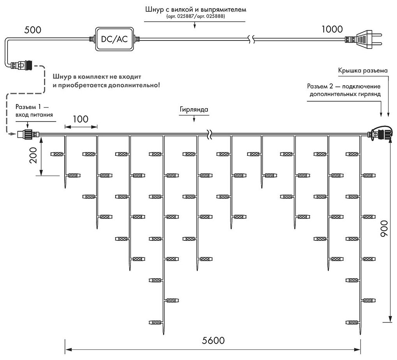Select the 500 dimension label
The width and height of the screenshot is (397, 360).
32,29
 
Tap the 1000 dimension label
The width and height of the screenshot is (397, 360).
332,29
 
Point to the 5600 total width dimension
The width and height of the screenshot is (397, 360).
213,340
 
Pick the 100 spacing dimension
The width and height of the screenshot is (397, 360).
81,119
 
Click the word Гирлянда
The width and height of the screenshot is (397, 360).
194,109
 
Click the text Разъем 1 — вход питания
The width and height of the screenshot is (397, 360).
34,110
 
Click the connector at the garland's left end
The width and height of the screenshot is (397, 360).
26,135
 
